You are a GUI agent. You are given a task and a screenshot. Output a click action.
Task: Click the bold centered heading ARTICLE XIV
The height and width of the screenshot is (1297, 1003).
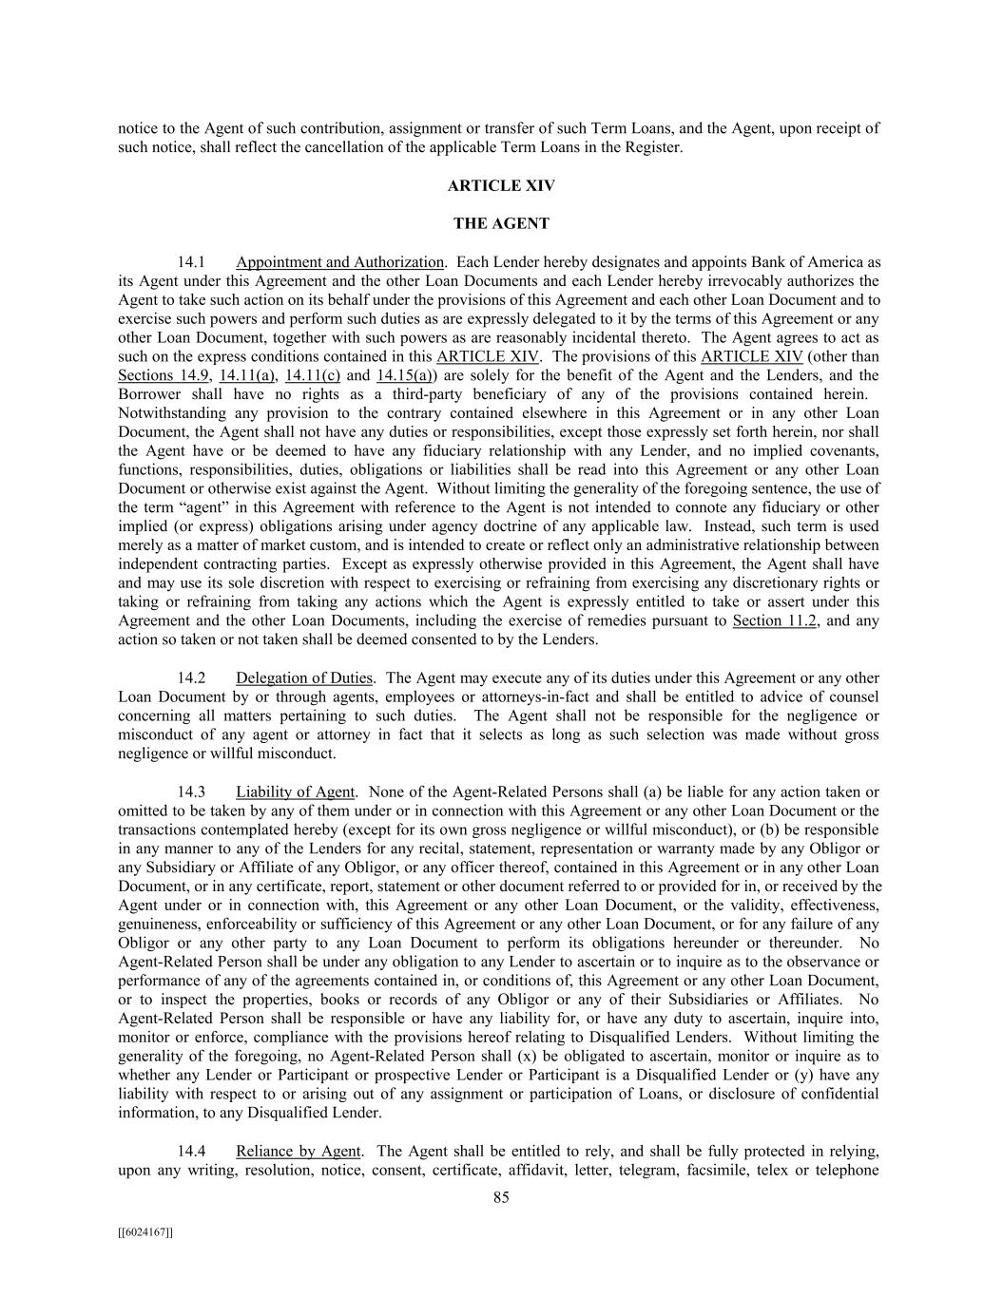[x=501, y=186]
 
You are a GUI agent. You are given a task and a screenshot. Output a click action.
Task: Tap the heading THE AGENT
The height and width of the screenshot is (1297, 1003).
[x=501, y=224]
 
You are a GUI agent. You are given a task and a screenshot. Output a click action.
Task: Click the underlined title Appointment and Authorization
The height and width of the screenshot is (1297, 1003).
[x=339, y=262]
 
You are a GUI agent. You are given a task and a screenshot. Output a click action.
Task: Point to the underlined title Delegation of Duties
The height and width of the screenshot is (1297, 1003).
[x=304, y=678]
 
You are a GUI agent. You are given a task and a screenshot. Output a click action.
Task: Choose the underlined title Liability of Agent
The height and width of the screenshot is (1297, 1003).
[x=295, y=792]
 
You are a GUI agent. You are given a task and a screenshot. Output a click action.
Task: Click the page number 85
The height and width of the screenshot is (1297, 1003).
[x=501, y=1197]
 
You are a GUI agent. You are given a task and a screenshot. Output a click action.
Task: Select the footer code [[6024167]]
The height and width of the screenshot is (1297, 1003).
[x=145, y=1232]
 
